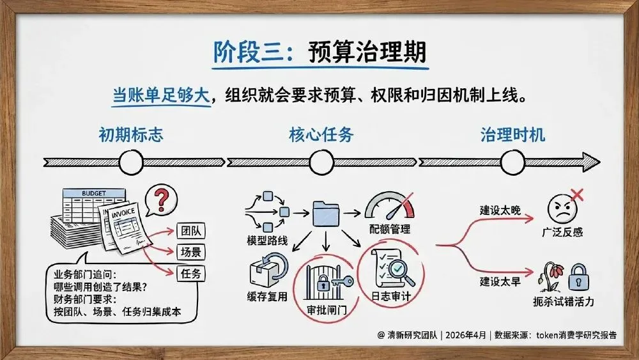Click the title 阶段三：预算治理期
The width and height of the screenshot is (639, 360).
point(319,53)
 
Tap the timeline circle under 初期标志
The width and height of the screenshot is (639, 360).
point(130,162)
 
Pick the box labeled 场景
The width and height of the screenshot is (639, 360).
point(190,251)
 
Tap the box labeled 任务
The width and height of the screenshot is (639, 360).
point(190,274)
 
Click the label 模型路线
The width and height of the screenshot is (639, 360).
point(267,241)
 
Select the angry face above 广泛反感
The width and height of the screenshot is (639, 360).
point(560,208)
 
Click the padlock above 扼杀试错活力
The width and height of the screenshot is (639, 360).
point(578,277)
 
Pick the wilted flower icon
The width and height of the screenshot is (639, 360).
point(550,275)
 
